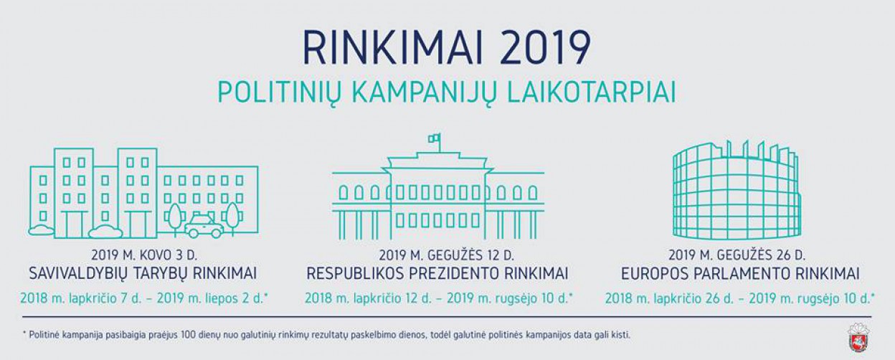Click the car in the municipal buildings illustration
click(x=204, y=227)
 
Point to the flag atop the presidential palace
click(x=435, y=138)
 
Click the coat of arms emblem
click(x=858, y=338)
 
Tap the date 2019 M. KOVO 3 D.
click(x=144, y=255)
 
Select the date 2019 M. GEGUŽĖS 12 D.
click(x=447, y=255)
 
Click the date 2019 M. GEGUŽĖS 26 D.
click(x=737, y=255)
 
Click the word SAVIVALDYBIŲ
click(x=78, y=274)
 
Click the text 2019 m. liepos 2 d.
click(x=212, y=298)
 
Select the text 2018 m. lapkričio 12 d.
click(x=368, y=298)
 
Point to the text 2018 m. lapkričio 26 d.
click(x=669, y=298)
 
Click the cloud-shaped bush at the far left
click(x=41, y=230)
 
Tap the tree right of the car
click(x=232, y=218)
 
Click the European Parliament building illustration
click(x=737, y=190)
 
